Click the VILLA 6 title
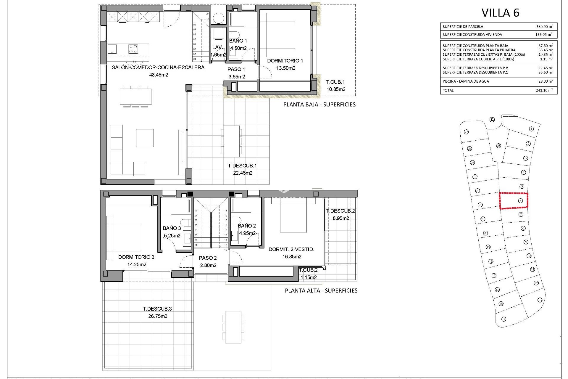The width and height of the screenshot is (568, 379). (500, 13)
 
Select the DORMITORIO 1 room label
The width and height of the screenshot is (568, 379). (285, 61)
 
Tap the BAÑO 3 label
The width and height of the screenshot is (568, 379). (172, 228)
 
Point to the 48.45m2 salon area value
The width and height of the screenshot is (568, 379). (158, 75)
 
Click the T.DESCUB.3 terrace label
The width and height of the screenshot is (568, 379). (157, 309)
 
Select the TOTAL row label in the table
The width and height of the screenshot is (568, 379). (448, 90)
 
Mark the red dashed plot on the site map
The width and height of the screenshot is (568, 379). (514, 201)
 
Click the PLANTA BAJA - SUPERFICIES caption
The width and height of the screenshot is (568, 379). (319, 104)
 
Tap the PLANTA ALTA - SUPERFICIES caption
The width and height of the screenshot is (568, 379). (321, 290)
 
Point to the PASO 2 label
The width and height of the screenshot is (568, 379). (208, 258)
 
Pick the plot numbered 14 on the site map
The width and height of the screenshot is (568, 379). (504, 319)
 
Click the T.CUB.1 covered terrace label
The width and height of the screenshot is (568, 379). (335, 82)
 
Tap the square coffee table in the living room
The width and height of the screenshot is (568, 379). (145, 138)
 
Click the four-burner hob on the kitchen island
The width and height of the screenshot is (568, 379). (133, 48)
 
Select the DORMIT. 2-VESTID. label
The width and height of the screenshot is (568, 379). (291, 249)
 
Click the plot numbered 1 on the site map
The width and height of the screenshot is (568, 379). (531, 129)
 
